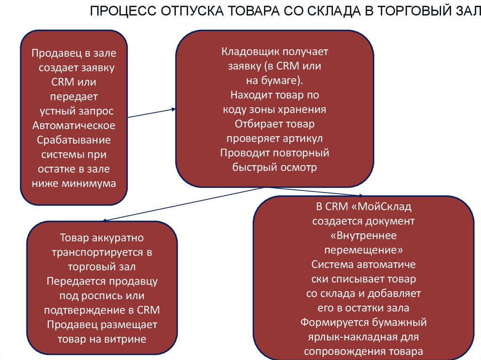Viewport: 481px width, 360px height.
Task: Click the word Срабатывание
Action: tap(74, 140)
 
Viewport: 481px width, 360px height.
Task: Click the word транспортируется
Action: tap(97, 252)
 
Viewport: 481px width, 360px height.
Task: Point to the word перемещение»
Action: tap(364, 249)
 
